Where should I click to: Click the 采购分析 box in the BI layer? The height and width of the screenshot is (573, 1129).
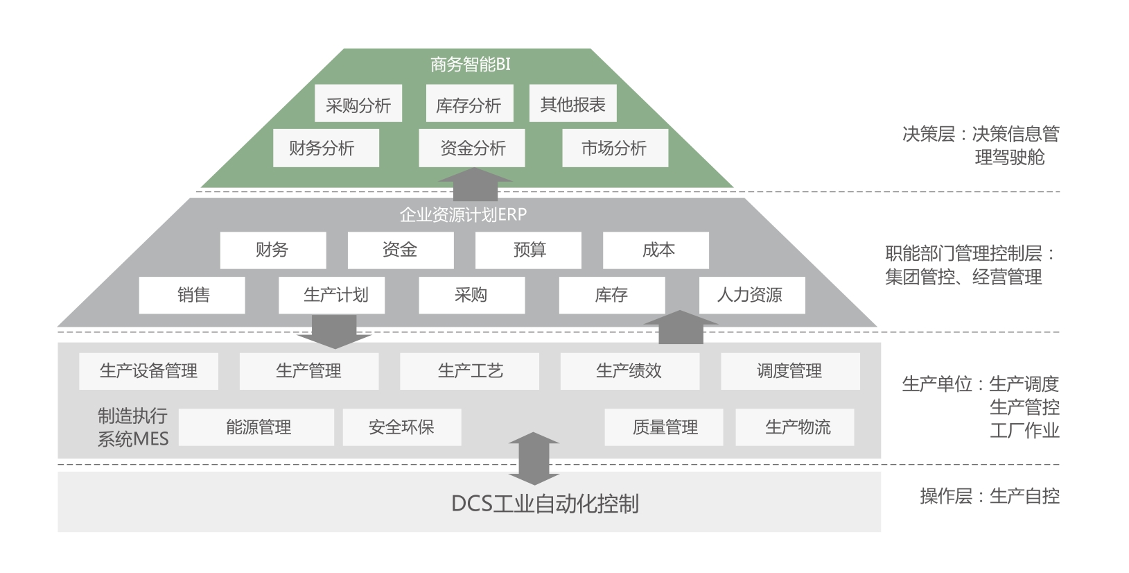pyautogui.click(x=358, y=104)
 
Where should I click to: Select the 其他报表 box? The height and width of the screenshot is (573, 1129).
pyautogui.click(x=572, y=104)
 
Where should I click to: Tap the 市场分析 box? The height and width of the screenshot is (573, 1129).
pyautogui.click(x=615, y=148)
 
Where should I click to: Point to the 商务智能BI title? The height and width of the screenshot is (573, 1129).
pyautogui.click(x=471, y=65)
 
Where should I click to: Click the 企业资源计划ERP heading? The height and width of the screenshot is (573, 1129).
pyautogui.click(x=463, y=214)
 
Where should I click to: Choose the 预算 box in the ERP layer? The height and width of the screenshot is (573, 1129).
pyautogui.click(x=528, y=250)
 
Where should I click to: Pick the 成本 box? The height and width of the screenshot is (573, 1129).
pyautogui.click(x=656, y=250)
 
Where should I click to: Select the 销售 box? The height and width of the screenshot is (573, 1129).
pyautogui.click(x=192, y=295)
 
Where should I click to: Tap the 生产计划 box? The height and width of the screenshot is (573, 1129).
pyautogui.click(x=332, y=295)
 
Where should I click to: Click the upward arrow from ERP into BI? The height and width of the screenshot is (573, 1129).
pyautogui.click(x=475, y=185)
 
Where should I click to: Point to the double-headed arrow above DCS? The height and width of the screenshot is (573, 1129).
pyautogui.click(x=534, y=459)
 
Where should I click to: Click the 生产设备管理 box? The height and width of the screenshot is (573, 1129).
pyautogui.click(x=148, y=371)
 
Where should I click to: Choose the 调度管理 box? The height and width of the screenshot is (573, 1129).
pyautogui.click(x=790, y=371)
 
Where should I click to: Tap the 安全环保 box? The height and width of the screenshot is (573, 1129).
pyautogui.click(x=402, y=427)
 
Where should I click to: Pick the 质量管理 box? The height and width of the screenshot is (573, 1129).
pyautogui.click(x=664, y=427)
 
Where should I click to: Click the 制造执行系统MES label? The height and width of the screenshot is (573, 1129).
pyautogui.click(x=132, y=427)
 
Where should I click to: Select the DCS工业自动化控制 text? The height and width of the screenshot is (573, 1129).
pyautogui.click(x=545, y=503)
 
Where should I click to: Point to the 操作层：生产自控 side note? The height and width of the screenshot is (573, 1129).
pyautogui.click(x=989, y=496)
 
